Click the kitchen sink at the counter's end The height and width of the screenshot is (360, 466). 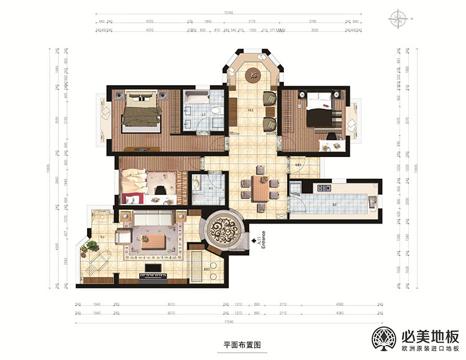(372, 200)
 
